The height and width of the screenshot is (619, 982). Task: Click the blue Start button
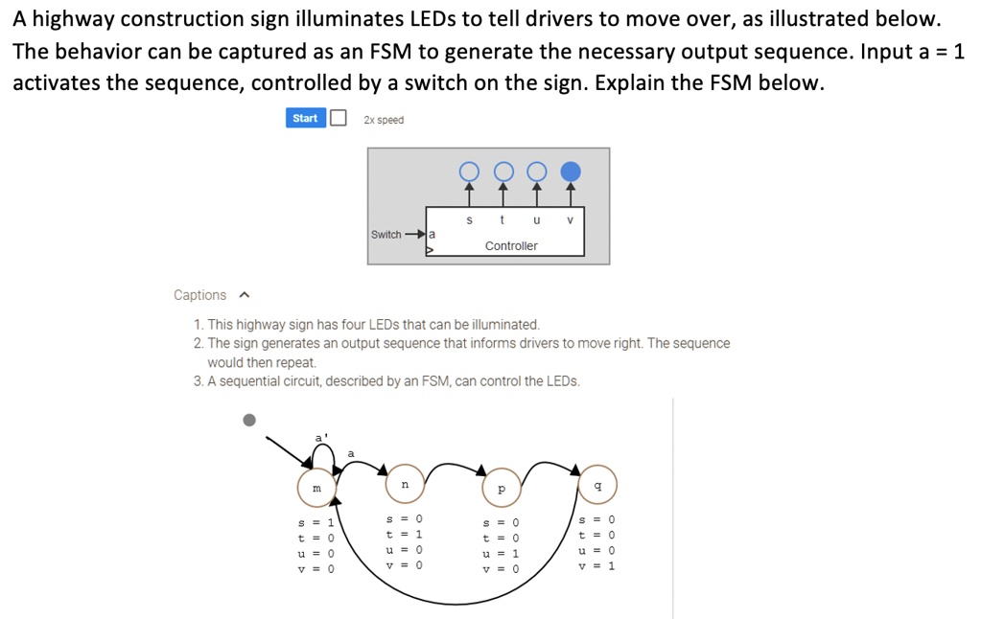click(x=305, y=118)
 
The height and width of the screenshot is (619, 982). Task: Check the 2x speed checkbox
click(x=339, y=118)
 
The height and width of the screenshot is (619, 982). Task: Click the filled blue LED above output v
click(x=570, y=172)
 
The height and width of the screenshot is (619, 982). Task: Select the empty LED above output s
click(x=468, y=172)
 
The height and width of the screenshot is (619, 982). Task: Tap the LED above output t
click(x=503, y=172)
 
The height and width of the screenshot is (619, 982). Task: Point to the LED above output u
click(x=536, y=172)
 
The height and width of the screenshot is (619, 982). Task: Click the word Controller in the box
click(x=511, y=246)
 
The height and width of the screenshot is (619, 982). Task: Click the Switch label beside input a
click(x=386, y=235)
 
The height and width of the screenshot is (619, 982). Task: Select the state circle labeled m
click(x=316, y=488)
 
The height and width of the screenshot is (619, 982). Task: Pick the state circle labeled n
click(x=404, y=486)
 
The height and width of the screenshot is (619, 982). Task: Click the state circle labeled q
click(x=598, y=486)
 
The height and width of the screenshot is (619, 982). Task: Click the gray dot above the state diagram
click(x=249, y=420)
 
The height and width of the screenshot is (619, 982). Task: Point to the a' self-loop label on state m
click(x=320, y=439)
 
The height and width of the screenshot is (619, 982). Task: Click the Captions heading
click(x=199, y=295)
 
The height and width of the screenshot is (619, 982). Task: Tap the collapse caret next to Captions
click(x=244, y=295)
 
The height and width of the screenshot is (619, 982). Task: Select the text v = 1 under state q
click(x=597, y=565)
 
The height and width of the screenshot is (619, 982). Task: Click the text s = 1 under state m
click(x=316, y=523)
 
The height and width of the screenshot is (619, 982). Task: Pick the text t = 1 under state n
click(x=404, y=534)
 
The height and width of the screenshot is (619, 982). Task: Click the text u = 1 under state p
click(x=501, y=554)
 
